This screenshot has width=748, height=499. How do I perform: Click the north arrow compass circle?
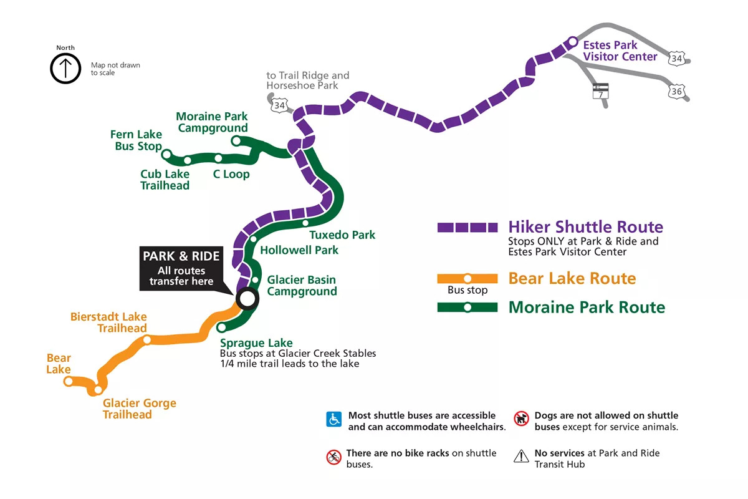[65, 68]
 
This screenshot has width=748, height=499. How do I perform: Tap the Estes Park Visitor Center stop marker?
[572, 42]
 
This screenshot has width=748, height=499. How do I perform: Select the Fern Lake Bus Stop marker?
[166, 154]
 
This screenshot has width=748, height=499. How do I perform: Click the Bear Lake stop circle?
[69, 381]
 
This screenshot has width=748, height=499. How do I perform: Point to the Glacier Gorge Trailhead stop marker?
[98, 390]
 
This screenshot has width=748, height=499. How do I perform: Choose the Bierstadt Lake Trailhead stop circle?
[146, 340]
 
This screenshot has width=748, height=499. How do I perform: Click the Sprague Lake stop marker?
[221, 327]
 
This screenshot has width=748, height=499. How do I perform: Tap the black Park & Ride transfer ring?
[247, 299]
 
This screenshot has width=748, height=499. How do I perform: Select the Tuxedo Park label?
[342, 235]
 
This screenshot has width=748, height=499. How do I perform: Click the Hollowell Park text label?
[299, 250]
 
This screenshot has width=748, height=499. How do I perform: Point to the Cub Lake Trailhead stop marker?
[188, 160]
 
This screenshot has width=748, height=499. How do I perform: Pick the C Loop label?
[231, 174]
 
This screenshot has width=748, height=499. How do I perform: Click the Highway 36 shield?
[677, 92]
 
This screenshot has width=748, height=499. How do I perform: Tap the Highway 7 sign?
[601, 90]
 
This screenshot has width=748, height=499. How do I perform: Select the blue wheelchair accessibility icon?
[334, 419]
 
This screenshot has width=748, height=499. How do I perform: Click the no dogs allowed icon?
[521, 419]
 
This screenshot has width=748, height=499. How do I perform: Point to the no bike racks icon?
[334, 457]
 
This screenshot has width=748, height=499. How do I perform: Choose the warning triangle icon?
[521, 457]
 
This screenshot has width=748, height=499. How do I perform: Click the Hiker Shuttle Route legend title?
[585, 226]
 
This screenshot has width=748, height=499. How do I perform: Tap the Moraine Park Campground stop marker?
[236, 141]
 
